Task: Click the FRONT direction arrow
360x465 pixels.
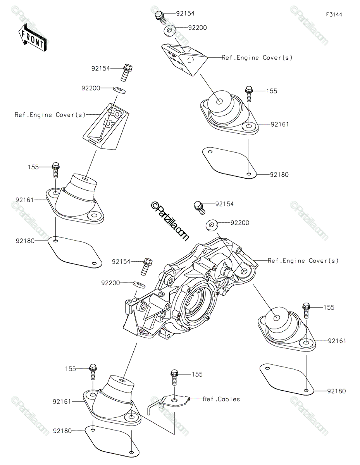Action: pyautogui.click(x=33, y=37)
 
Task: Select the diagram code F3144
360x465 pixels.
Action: pyautogui.click(x=334, y=15)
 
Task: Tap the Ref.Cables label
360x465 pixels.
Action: pyautogui.click(x=221, y=399)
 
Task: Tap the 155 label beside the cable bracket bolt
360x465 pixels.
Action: pyautogui.click(x=197, y=374)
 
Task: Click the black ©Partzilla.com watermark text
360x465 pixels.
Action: pyautogui.click(x=170, y=221)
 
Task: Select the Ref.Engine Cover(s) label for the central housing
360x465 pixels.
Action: pyautogui.click(x=303, y=261)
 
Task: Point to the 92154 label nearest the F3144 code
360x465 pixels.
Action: pyautogui.click(x=185, y=14)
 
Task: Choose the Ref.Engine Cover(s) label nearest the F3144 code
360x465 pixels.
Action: pyautogui.click(x=257, y=58)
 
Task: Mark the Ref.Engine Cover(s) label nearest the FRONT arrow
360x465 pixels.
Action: pyautogui.click(x=50, y=115)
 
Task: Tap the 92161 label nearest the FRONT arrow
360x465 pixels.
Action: pyautogui.click(x=24, y=200)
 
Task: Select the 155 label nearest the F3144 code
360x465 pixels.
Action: pyautogui.click(x=272, y=91)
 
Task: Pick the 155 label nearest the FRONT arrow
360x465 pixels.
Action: pyautogui.click(x=33, y=167)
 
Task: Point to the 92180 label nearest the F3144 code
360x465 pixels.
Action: pyautogui.click(x=279, y=175)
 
